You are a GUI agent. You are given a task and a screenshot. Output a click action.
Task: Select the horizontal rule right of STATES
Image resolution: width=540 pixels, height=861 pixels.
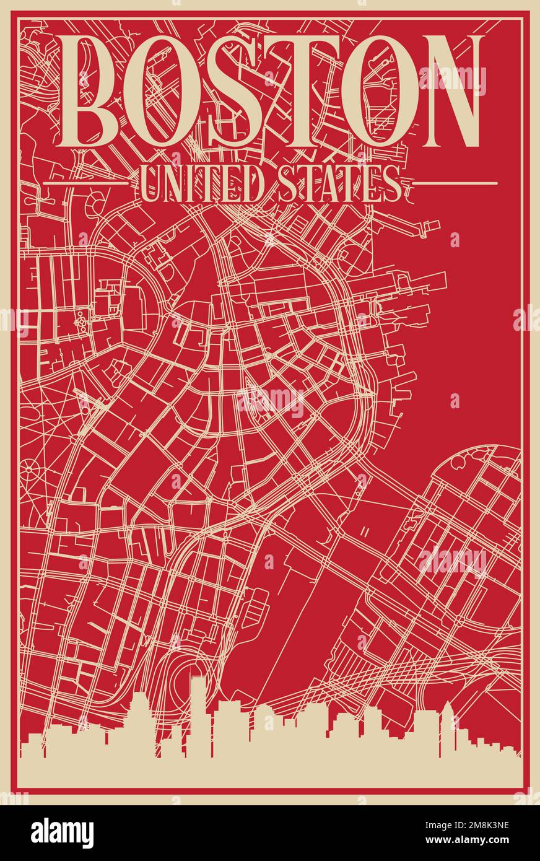(455, 183)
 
